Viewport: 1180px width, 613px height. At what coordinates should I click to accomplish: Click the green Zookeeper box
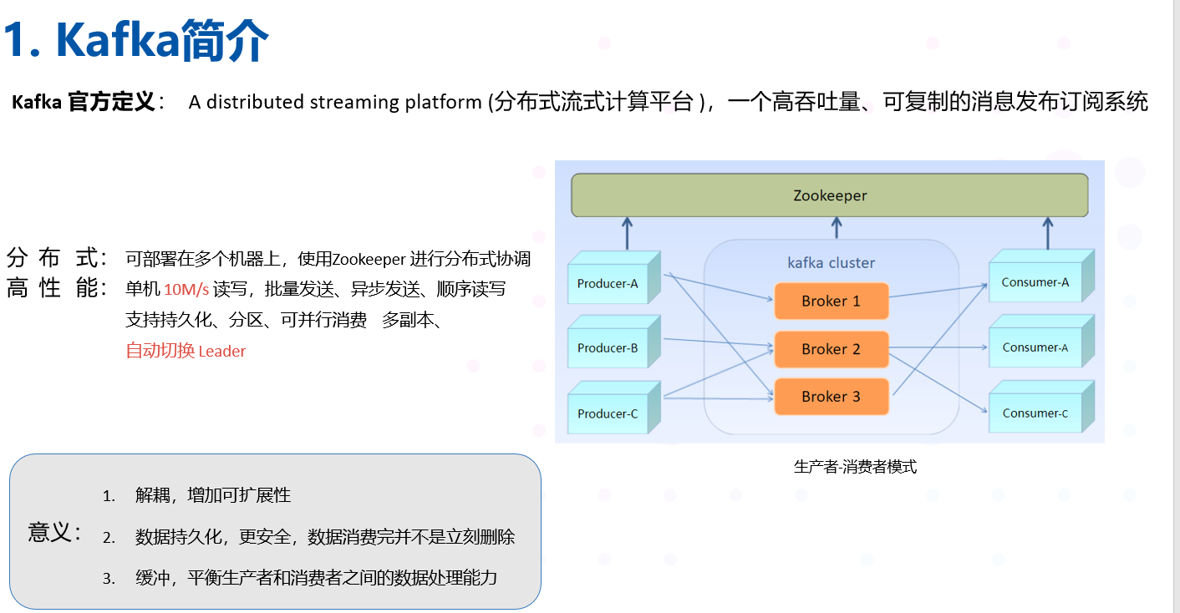pyautogui.click(x=829, y=195)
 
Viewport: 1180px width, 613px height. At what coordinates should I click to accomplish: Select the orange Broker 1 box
pyautogui.click(x=831, y=301)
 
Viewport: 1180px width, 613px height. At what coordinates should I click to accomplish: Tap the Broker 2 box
pyautogui.click(x=831, y=349)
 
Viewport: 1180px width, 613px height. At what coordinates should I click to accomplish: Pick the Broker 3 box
pyautogui.click(x=831, y=397)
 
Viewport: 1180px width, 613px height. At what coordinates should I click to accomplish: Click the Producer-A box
pyautogui.click(x=608, y=284)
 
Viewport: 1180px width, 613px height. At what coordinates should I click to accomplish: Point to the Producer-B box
pyautogui.click(x=608, y=348)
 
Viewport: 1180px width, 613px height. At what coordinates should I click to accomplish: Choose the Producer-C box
pyautogui.click(x=608, y=413)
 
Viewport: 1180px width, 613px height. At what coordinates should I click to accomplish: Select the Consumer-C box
pyautogui.click(x=1035, y=413)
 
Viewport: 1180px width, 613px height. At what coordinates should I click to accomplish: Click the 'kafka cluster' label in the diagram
pyautogui.click(x=831, y=263)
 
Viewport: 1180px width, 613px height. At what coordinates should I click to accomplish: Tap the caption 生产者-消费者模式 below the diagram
pyautogui.click(x=855, y=467)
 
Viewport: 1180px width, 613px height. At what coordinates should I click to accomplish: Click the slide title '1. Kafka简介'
pyautogui.click(x=136, y=39)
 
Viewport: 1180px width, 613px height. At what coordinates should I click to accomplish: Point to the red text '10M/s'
pyautogui.click(x=186, y=290)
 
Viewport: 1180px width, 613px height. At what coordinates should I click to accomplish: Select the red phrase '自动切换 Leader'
pyautogui.click(x=186, y=352)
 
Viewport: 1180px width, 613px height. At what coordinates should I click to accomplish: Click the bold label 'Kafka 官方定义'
pyautogui.click(x=84, y=103)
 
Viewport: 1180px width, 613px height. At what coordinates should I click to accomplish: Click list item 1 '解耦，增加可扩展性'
pyautogui.click(x=212, y=495)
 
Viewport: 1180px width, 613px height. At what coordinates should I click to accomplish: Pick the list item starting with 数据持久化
pyautogui.click(x=324, y=537)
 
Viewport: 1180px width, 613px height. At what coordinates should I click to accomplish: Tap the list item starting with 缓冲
pyautogui.click(x=316, y=577)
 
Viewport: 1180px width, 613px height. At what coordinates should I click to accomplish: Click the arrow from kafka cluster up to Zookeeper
pyautogui.click(x=837, y=228)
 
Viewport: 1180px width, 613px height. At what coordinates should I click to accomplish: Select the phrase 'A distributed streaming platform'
pyautogui.click(x=335, y=103)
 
